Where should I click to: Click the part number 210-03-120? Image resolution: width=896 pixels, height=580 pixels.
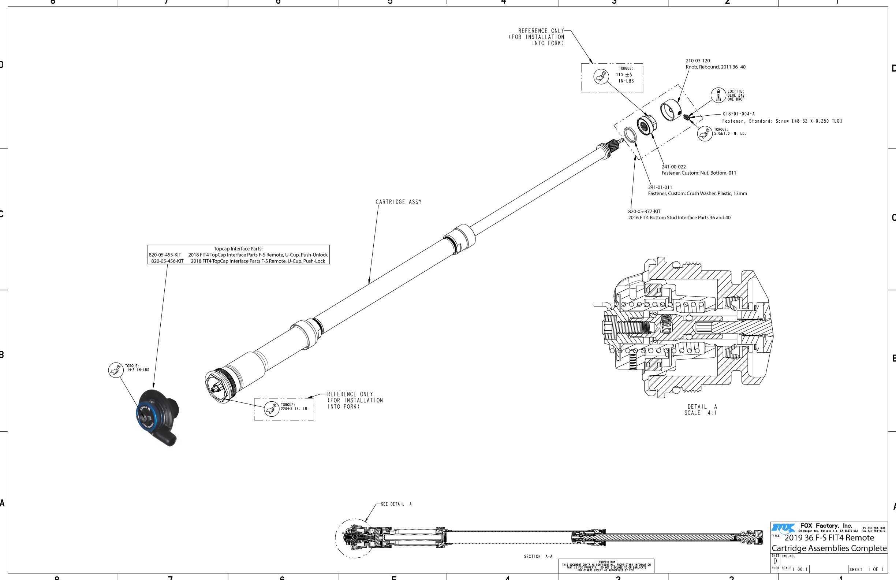click(x=698, y=61)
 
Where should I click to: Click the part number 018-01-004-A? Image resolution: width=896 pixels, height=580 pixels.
click(x=738, y=114)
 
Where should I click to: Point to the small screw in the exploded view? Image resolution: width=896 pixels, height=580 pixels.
click(x=686, y=117)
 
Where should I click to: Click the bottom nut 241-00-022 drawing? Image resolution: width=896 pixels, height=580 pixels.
click(x=646, y=126)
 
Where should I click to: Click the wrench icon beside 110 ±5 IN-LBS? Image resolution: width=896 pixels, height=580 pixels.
click(x=601, y=77)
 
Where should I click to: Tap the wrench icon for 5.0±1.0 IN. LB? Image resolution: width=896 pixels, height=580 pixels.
click(x=704, y=133)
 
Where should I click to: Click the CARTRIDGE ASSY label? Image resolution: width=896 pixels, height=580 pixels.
click(x=398, y=202)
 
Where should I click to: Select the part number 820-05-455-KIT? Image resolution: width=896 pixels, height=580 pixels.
click(x=165, y=255)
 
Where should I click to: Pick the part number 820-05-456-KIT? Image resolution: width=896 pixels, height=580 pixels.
click(x=167, y=261)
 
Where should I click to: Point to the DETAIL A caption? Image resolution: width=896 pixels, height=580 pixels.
click(x=702, y=407)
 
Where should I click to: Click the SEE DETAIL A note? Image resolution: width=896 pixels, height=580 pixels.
click(x=396, y=504)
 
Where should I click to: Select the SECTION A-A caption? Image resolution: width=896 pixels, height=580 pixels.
click(x=538, y=556)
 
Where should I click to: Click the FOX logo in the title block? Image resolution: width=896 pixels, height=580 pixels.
click(x=783, y=528)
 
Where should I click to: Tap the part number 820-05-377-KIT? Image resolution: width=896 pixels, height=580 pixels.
click(x=644, y=212)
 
